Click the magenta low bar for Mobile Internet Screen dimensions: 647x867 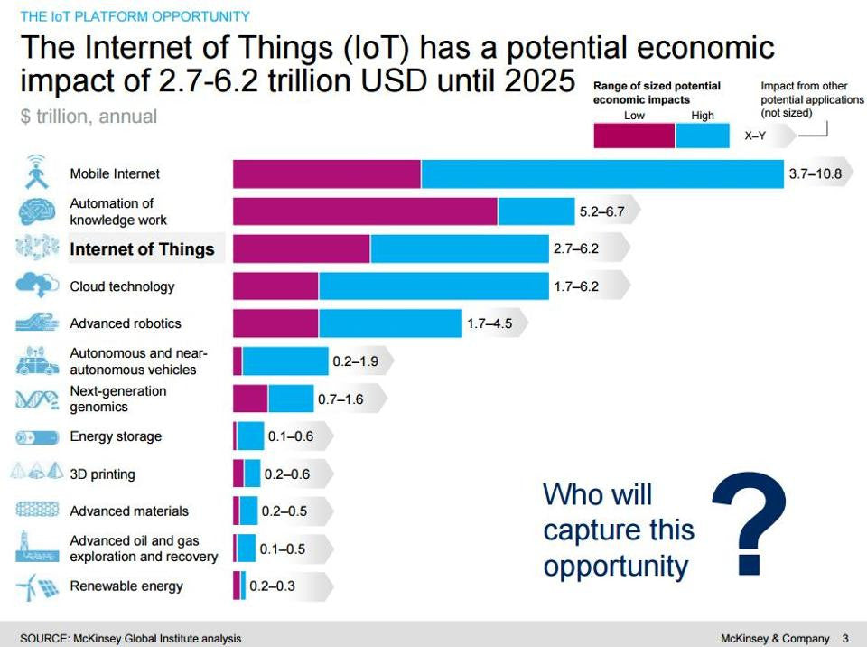pos(327,173)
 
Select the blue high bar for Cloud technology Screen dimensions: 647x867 pos(433,286)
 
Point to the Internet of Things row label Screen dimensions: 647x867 pos(142,249)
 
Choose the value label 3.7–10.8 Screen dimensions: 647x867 pos(816,173)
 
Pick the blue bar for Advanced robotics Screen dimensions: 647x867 pos(390,323)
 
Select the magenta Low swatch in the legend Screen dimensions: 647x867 pos(634,136)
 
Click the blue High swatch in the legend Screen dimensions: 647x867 pos(702,136)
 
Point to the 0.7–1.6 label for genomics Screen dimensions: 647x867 pos(340,399)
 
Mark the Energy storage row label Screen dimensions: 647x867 pos(116,436)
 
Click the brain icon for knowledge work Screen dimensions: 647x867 pos(37,211)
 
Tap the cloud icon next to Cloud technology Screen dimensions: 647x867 pos(37,286)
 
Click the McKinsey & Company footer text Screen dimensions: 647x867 pos(775,638)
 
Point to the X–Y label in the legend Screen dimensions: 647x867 pos(757,136)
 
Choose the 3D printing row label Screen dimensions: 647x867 pos(103,474)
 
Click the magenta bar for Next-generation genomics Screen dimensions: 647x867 pos(250,399)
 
